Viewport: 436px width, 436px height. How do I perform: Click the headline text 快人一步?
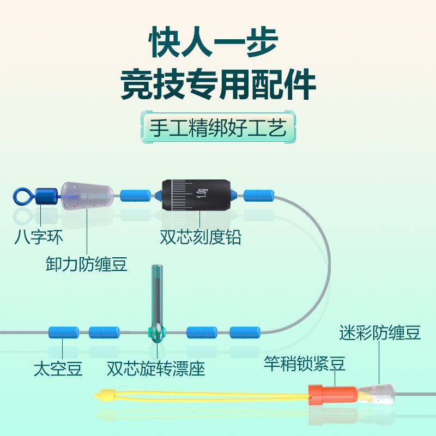click(x=218, y=43)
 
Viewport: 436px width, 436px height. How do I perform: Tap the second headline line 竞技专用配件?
click(x=218, y=84)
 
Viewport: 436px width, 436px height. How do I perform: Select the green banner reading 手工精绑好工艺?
click(x=218, y=129)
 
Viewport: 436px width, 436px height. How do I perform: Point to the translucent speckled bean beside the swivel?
click(x=87, y=195)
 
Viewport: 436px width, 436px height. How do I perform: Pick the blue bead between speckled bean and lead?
click(x=135, y=195)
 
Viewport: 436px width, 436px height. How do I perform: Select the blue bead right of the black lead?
click(x=258, y=195)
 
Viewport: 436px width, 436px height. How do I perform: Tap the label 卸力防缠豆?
click(x=87, y=264)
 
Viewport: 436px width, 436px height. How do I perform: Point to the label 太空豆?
click(x=58, y=369)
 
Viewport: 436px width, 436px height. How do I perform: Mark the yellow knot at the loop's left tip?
click(x=107, y=393)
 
